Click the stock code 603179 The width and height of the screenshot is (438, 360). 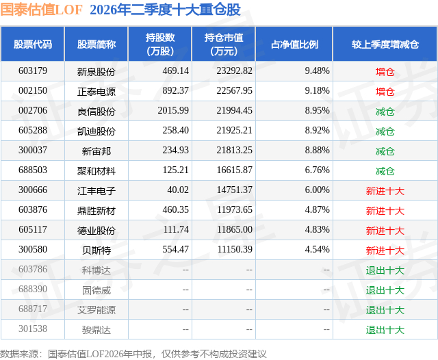tap(33, 71)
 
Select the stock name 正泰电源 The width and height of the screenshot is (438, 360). tap(96, 92)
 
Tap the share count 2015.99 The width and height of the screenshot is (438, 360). tap(173, 111)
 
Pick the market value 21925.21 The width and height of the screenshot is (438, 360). tap(234, 131)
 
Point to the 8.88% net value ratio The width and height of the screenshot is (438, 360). tap(318, 151)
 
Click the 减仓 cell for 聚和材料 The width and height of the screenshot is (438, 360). tap(385, 171)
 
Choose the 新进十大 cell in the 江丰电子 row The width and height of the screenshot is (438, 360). tap(385, 191)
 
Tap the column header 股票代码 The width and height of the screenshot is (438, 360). tap(33, 44)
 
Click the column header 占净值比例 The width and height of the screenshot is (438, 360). tap(294, 44)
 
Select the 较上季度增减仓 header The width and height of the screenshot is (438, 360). tap(385, 44)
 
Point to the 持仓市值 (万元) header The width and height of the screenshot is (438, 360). tap(224, 44)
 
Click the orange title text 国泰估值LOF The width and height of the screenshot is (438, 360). tap(41, 10)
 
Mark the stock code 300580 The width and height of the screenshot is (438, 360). tap(33, 249)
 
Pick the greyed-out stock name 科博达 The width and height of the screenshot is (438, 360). tap(96, 270)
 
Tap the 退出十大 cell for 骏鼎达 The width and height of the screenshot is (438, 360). tap(385, 330)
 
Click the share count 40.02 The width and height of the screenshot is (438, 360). tap(178, 190)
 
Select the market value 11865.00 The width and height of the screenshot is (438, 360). tap(235, 229)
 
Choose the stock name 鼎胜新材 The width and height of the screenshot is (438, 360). tap(96, 211)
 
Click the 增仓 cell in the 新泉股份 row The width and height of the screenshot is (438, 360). tap(385, 72)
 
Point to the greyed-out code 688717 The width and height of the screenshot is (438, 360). tap(33, 309)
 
